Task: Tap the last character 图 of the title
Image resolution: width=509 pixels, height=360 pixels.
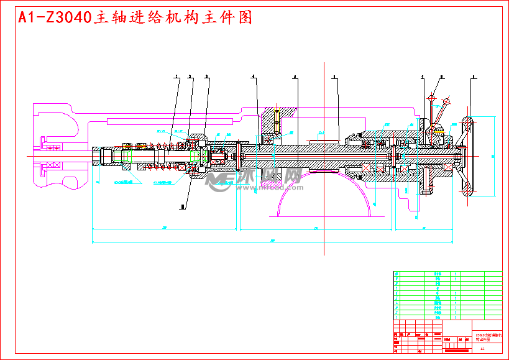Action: tap(245, 18)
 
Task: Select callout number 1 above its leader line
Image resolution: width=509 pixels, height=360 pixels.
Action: tap(176, 76)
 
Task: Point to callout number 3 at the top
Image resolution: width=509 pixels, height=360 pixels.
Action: tap(207, 76)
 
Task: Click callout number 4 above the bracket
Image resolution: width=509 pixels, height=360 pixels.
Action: tap(253, 76)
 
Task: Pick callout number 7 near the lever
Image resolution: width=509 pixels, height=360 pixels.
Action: tap(422, 76)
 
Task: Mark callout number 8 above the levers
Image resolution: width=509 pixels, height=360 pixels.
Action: tap(441, 76)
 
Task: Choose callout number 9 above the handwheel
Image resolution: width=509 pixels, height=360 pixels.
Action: tap(474, 76)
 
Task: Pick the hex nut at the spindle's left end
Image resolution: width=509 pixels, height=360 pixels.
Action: tap(98, 156)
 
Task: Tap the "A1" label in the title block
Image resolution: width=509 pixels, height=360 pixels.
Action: tap(482, 349)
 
